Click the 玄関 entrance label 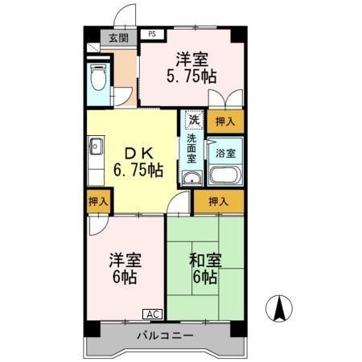tap(118, 38)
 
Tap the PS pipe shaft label tap(152, 35)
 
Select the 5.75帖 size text tap(192, 77)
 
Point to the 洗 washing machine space tap(193, 121)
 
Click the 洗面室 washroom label tap(192, 148)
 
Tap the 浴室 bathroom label tap(225, 151)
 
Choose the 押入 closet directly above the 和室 tap(218, 201)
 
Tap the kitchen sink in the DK tap(97, 148)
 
